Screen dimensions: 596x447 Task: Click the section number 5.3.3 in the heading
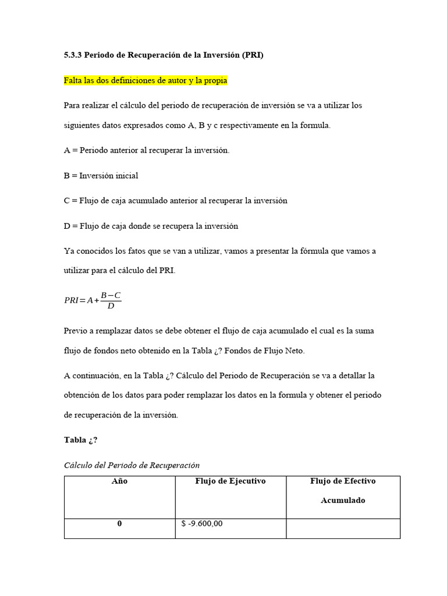coord(73,56)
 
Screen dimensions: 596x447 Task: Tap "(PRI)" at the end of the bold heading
coord(251,56)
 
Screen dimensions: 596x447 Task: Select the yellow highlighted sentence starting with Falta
coord(145,80)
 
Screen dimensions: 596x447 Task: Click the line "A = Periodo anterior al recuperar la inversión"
coord(147,150)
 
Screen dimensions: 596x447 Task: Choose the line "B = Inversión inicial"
coord(101,175)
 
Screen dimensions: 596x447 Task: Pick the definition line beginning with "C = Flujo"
coord(175,200)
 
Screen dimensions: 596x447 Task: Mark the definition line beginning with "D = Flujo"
coord(151,226)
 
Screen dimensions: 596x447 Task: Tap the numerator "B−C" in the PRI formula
coord(111,296)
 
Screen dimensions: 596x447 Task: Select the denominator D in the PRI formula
coord(111,306)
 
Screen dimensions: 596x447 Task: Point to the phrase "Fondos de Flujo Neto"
coord(267,350)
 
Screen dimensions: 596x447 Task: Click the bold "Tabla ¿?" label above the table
coord(76,439)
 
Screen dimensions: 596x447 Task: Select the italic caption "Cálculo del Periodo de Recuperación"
coord(132,465)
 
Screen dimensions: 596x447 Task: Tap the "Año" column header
coord(119,481)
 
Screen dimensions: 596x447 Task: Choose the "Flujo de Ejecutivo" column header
coord(230,481)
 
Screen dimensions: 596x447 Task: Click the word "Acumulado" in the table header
coord(343,501)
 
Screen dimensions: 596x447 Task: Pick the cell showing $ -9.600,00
coord(202,524)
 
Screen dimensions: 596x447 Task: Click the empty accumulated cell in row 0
coord(343,528)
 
